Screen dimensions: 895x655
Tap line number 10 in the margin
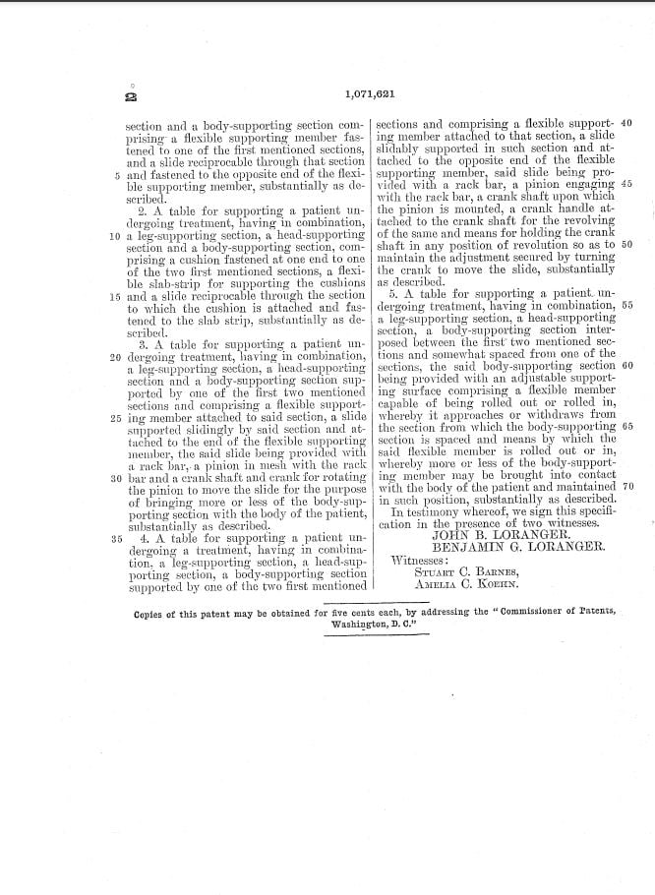(x=114, y=237)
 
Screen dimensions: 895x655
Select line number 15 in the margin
(x=114, y=296)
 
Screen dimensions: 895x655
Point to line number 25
(x=114, y=417)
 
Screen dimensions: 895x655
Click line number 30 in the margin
(x=114, y=478)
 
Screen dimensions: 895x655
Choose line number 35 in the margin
(x=114, y=538)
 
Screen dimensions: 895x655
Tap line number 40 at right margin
(x=627, y=124)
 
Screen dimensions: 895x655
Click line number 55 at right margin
(x=627, y=306)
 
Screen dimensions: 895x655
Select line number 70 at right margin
(x=627, y=487)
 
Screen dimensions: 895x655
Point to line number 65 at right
(x=627, y=426)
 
